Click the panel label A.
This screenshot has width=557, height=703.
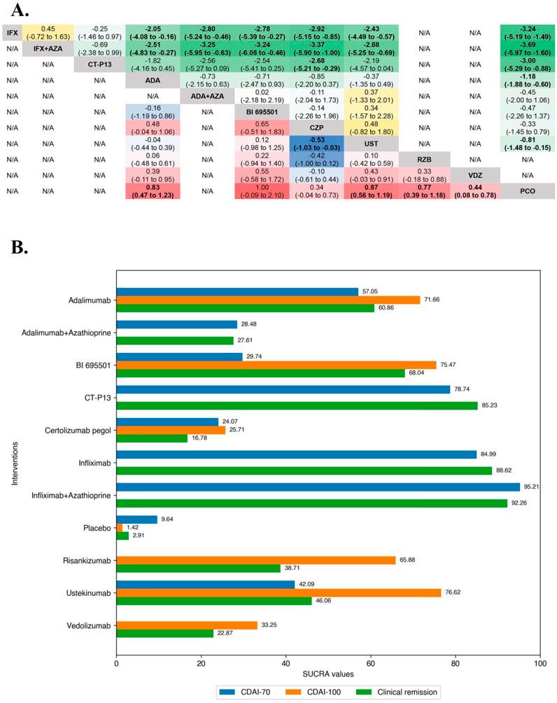click(15, 10)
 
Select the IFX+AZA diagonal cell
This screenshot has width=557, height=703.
click(47, 49)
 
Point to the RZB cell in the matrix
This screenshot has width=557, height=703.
click(423, 159)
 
